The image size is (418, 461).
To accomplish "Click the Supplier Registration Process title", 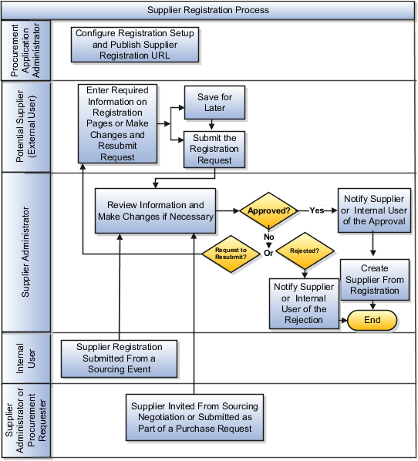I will point(208,10).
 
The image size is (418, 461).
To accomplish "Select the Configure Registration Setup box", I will point(135,45).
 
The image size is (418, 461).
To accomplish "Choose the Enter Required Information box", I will point(117,123).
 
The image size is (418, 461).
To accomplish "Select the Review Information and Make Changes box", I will point(155,210).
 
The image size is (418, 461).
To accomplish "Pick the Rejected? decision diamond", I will point(305,250).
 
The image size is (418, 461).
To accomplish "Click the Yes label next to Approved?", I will point(316,210).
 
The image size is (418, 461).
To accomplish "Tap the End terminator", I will point(372,320).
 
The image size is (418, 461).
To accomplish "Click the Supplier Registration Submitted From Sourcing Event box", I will point(120,358).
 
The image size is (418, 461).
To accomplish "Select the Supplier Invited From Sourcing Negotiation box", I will point(194,416).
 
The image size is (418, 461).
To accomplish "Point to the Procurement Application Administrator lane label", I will point(25,50).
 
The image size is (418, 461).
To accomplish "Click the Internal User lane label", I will point(25,357).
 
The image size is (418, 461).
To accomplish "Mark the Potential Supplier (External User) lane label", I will point(25,125).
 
